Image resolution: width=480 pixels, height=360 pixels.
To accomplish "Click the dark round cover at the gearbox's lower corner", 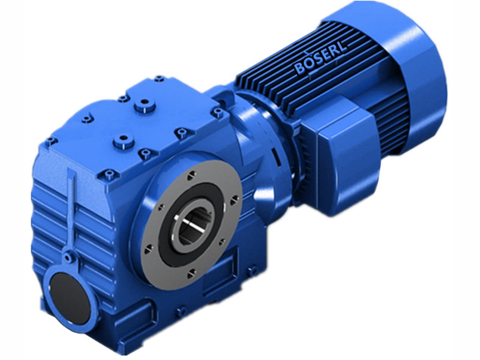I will pos(68,292).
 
